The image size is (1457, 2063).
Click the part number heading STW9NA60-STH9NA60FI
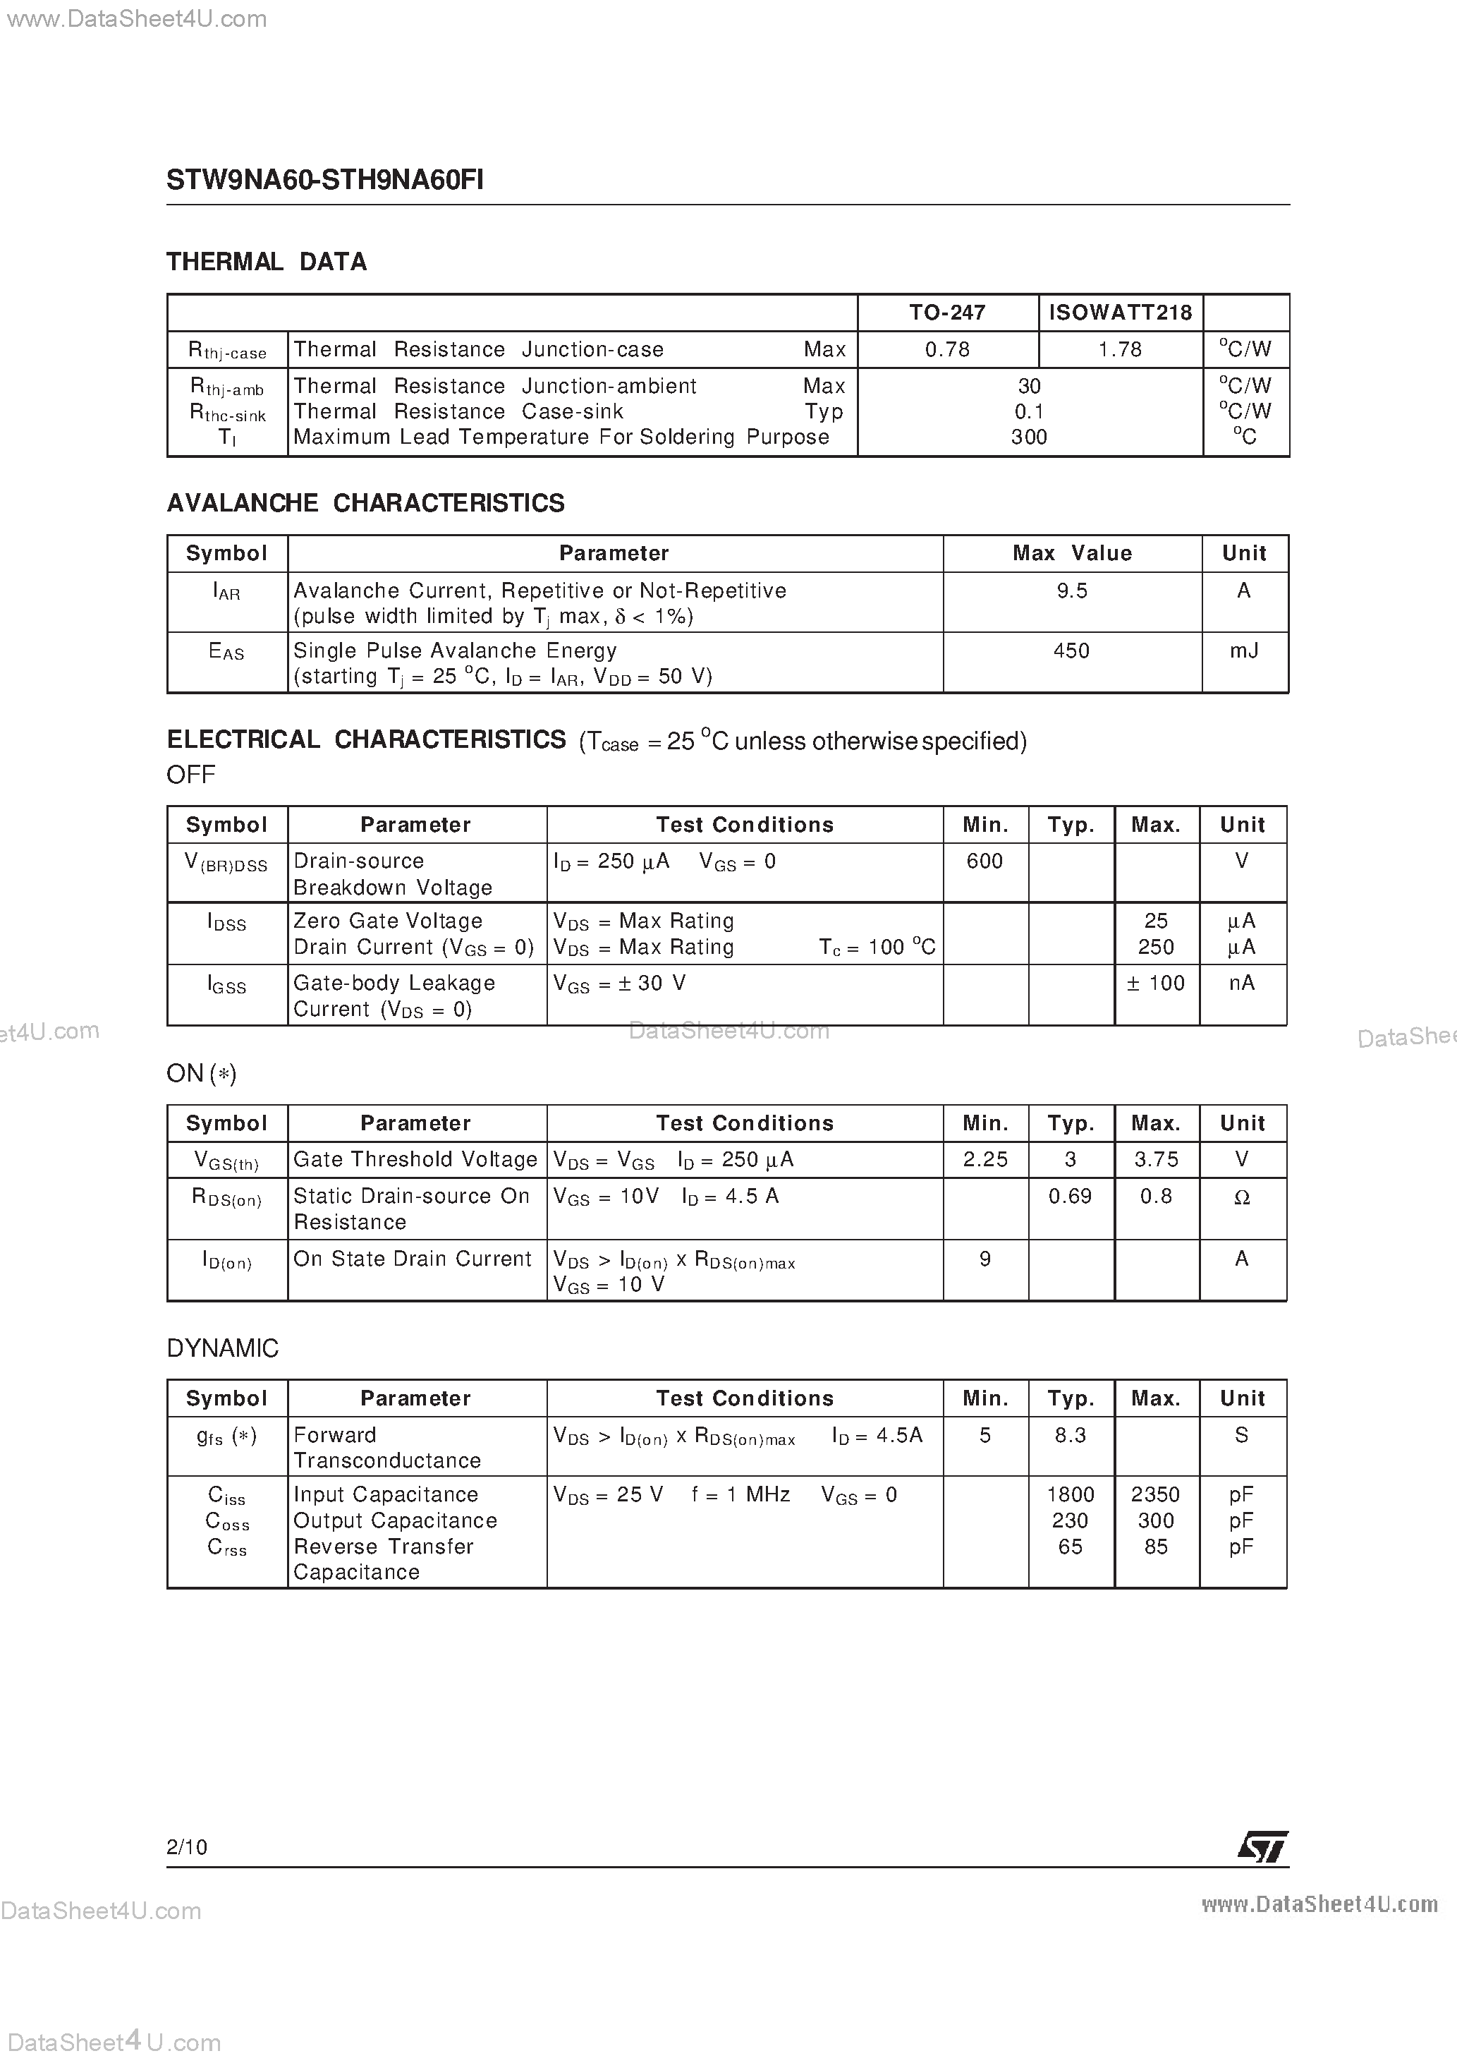[324, 181]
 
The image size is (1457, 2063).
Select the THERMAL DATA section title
[267, 262]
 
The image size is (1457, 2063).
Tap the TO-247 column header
[947, 313]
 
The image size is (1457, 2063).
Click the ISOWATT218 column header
[1120, 313]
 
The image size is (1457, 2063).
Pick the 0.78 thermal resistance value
[947, 349]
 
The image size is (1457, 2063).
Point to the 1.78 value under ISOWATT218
[1119, 349]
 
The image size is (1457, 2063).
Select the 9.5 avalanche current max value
[1072, 591]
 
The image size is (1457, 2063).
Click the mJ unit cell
[1243, 651]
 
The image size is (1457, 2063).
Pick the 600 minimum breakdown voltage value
[984, 861]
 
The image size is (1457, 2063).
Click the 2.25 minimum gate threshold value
[984, 1160]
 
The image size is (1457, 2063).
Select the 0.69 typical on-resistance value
[1070, 1197]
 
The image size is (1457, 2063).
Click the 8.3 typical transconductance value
[1070, 1436]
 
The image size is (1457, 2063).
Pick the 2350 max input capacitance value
[1155, 1495]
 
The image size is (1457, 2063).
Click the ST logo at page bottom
[1263, 1847]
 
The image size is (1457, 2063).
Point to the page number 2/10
[187, 1847]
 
